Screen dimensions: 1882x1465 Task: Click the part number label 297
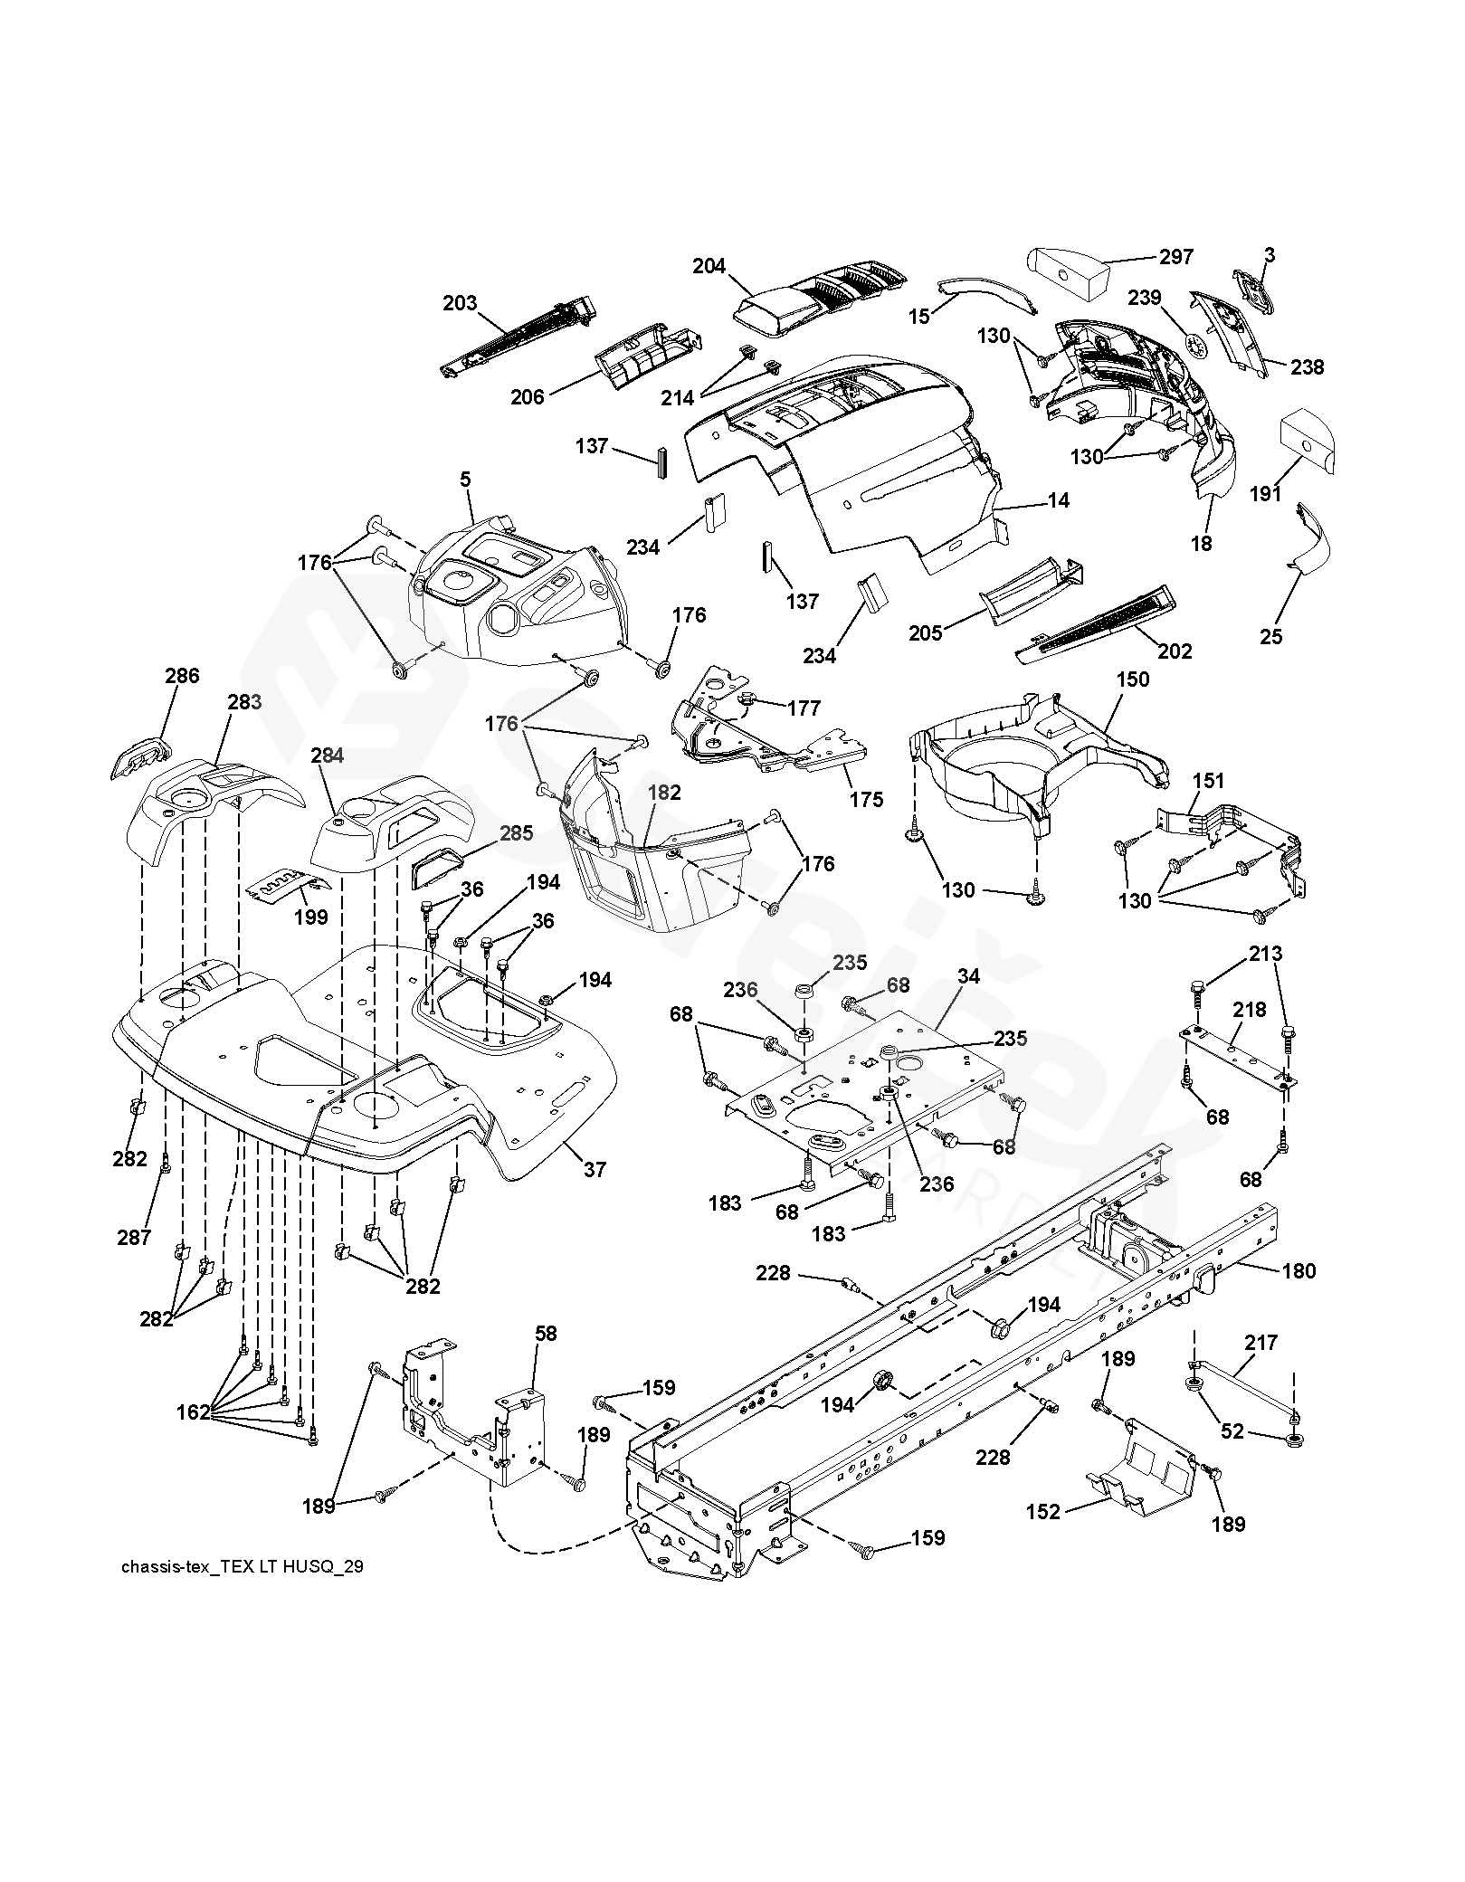1175,257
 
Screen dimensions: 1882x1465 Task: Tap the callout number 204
709,266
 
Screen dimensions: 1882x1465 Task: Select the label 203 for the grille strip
460,303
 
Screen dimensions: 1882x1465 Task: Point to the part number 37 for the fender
595,1170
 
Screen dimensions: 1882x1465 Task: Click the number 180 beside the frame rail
1299,1271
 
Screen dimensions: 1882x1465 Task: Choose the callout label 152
1043,1512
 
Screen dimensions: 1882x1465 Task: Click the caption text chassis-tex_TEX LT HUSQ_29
242,1566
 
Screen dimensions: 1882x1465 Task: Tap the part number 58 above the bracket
546,1334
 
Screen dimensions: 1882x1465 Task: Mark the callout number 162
194,1411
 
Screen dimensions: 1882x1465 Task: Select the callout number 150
1133,679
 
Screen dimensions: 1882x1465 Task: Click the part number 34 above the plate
968,976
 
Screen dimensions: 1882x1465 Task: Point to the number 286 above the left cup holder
182,676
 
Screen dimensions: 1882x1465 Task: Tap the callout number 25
1271,636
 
